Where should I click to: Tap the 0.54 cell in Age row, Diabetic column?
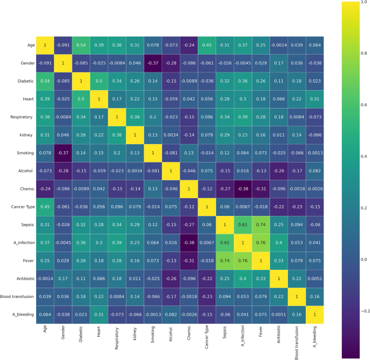(81, 45)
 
